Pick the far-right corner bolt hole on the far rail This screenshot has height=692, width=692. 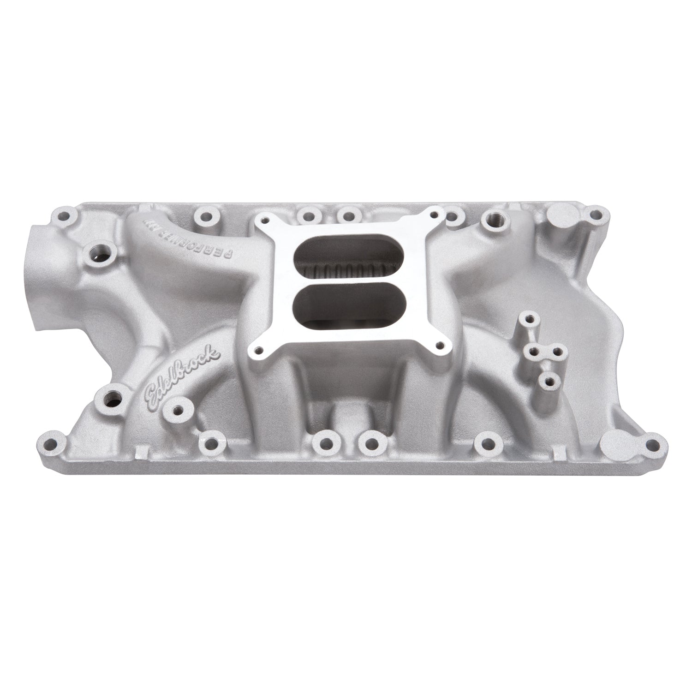[x=597, y=214]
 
